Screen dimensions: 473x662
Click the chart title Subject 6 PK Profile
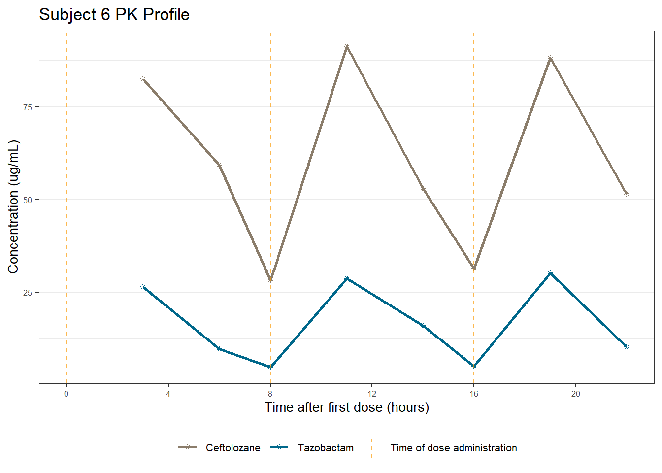tap(114, 15)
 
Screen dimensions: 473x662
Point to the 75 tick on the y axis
tap(28, 107)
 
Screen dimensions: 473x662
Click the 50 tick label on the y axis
tap(28, 200)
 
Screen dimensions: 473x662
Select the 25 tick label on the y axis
tap(28, 293)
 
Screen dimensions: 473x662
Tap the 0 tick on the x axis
tap(66, 394)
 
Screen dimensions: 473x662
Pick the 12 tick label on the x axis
tap(372, 394)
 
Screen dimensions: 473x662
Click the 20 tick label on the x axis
tap(576, 394)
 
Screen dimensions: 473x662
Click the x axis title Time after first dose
tap(347, 407)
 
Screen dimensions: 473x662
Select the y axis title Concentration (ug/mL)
tap(13, 206)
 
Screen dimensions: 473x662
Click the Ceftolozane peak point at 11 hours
tap(347, 46)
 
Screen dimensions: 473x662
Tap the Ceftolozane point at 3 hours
tap(143, 79)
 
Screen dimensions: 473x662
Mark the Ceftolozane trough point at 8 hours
tap(270, 280)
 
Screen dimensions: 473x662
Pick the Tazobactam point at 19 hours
tap(550, 273)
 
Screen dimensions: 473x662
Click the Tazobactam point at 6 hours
tap(219, 349)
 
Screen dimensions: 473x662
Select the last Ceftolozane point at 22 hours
tap(627, 194)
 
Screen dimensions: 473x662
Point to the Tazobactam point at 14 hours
tap(423, 326)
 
